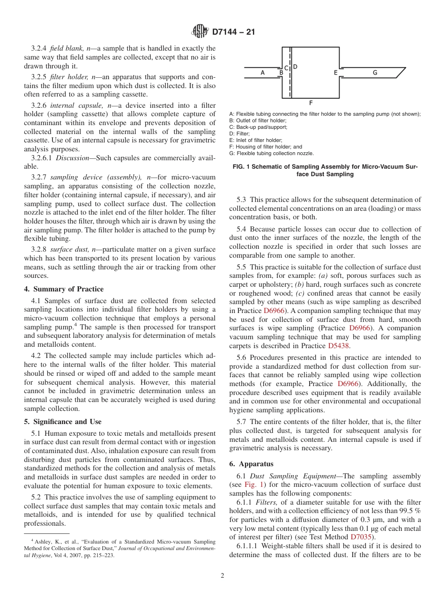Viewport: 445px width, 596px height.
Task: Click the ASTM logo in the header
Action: pyautogui.click(x=200, y=32)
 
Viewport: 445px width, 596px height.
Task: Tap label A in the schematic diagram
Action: pyautogui.click(x=262, y=72)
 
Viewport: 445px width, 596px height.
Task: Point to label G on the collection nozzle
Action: pyautogui.click(x=375, y=73)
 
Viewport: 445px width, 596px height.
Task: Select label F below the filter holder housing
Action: pyautogui.click(x=311, y=102)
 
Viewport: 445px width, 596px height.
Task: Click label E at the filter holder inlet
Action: pyautogui.click(x=335, y=73)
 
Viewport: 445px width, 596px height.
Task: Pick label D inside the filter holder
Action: pyautogui.click(x=295, y=67)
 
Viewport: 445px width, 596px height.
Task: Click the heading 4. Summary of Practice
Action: pyautogui.click(x=64, y=289)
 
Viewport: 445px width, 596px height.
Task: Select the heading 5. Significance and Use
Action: pyautogui.click(x=63, y=422)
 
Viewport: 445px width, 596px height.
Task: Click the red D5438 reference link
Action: pyautogui.click(x=339, y=346)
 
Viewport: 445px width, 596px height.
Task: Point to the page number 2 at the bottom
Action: pyautogui.click(x=222, y=576)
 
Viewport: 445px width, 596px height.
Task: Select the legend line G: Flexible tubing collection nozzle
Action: pyautogui.click(x=271, y=153)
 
